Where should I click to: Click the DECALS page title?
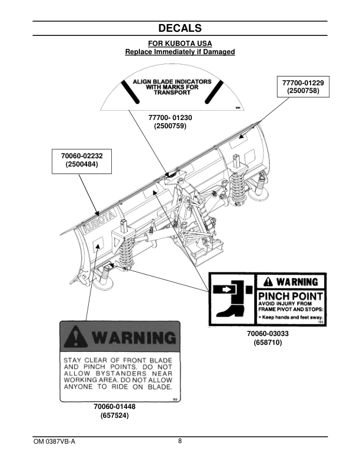click(180, 28)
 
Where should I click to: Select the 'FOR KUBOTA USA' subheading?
click(180, 44)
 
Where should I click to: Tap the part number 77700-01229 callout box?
click(304, 87)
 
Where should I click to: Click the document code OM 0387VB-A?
click(54, 441)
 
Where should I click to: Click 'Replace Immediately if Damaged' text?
click(180, 52)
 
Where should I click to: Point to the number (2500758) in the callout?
click(304, 92)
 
